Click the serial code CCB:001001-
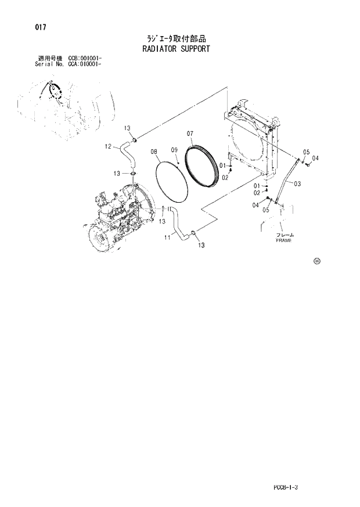85,58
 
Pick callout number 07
190,134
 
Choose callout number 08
154,152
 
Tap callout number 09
174,150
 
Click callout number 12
108,146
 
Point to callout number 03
297,184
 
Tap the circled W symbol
317,261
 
